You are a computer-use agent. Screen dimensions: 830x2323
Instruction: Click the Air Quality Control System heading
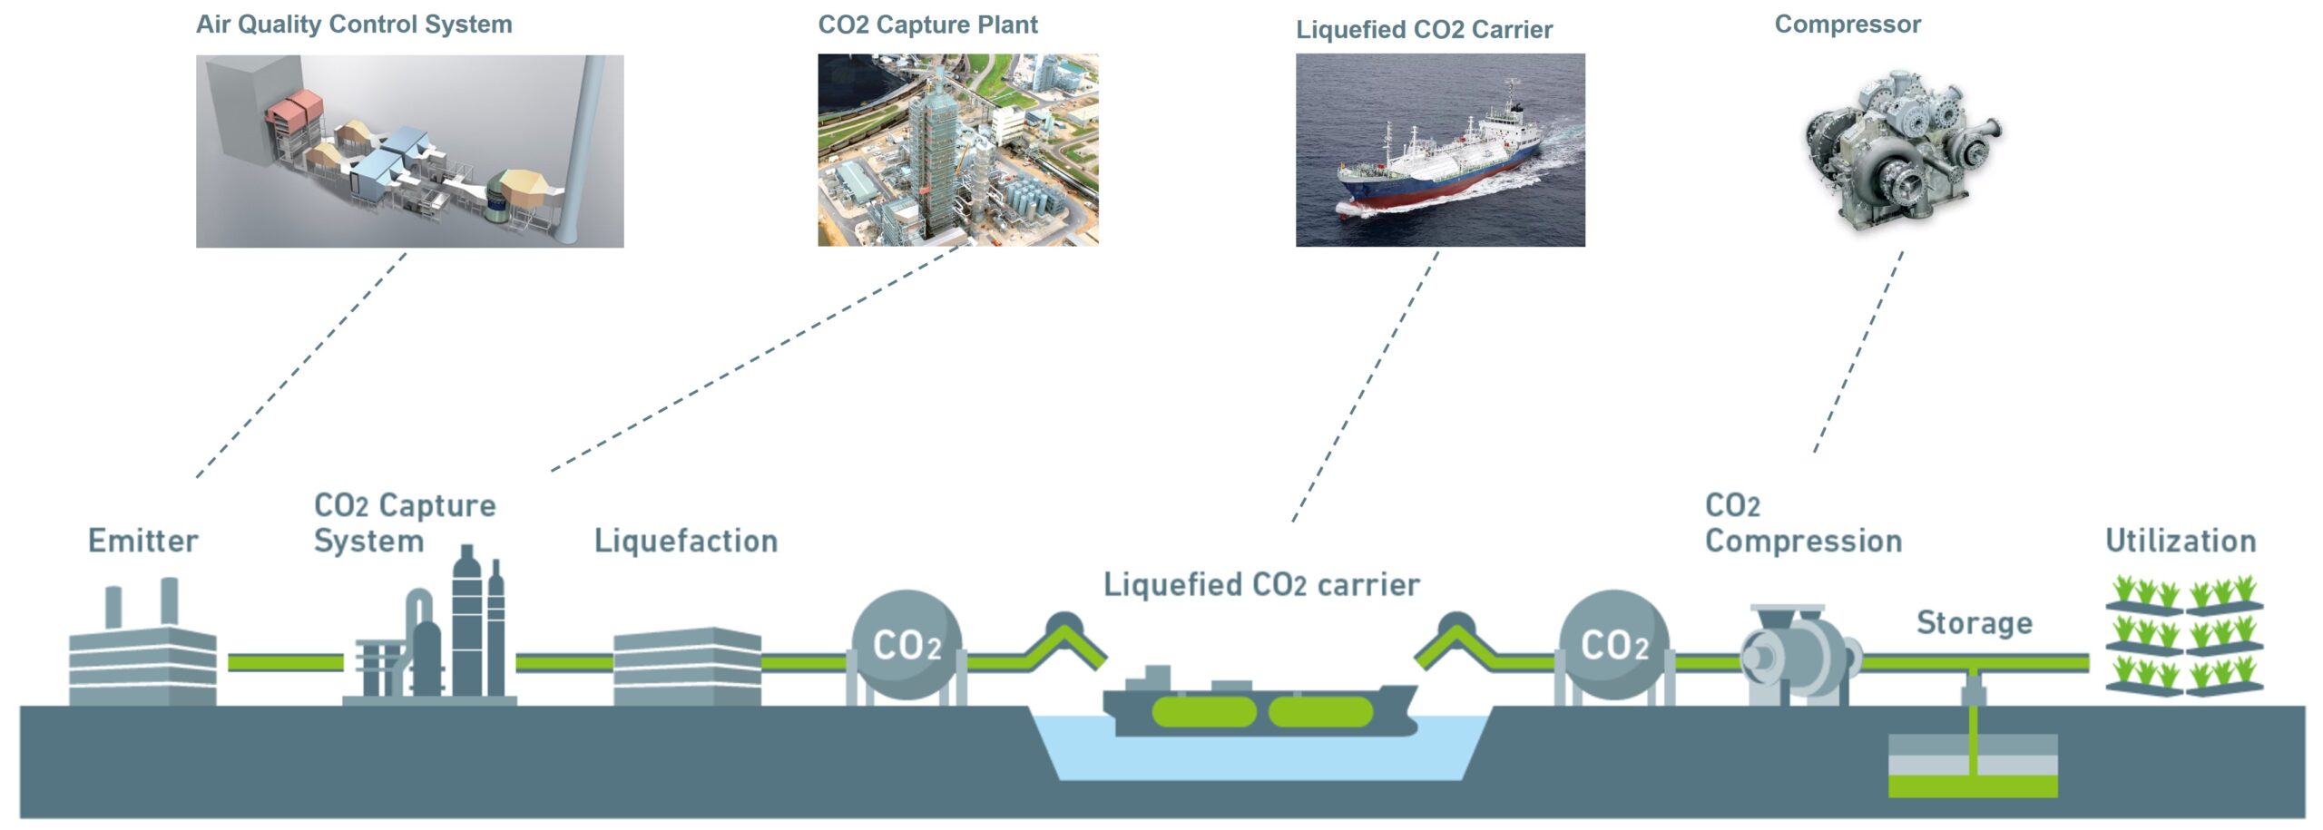coord(354,24)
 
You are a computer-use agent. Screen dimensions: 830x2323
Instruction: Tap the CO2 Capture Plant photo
coord(957,150)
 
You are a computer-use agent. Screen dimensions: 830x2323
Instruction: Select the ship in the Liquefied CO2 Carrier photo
coord(1443,163)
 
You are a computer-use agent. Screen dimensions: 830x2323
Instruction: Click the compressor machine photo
coord(1901,150)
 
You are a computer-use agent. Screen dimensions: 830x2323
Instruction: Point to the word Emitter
coord(142,541)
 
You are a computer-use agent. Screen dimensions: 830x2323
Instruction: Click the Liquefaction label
coord(686,541)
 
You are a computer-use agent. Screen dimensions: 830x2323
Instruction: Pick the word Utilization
coord(2181,541)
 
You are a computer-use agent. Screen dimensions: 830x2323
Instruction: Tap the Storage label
coord(1974,623)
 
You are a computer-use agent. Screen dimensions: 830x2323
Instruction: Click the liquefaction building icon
coord(687,667)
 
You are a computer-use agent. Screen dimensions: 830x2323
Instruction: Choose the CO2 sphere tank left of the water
coord(906,645)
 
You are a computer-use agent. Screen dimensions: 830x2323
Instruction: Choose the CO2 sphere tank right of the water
coord(1614,645)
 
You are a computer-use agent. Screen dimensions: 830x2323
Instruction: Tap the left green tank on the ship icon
coord(1203,712)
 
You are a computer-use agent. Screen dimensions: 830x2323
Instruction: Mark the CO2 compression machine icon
coord(1797,655)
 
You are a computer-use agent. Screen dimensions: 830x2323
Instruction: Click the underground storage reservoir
coord(1973,767)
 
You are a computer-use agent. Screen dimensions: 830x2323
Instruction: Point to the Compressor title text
coord(1848,24)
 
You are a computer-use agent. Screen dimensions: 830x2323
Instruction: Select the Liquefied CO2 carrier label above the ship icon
coord(1261,585)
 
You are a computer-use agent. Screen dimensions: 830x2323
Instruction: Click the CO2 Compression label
coord(1803,524)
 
